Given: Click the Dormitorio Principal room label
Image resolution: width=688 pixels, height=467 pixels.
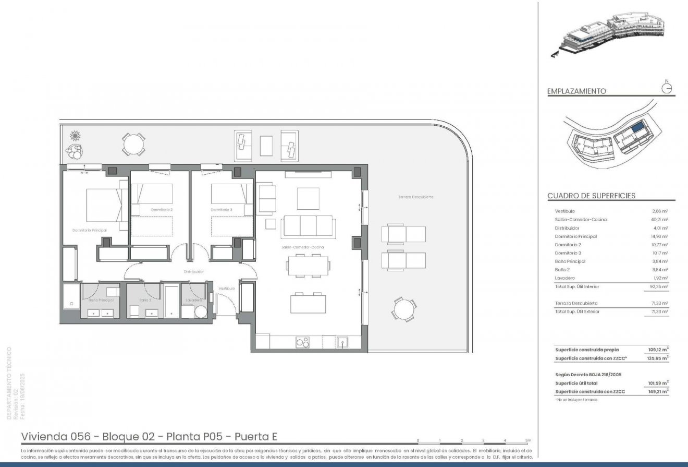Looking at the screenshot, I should pyautogui.click(x=90, y=230).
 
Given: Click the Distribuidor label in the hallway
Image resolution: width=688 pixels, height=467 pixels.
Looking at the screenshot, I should pyautogui.click(x=193, y=272).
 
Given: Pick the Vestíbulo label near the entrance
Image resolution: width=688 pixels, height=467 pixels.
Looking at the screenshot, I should pyautogui.click(x=226, y=289).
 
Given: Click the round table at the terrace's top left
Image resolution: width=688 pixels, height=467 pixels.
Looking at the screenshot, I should pyautogui.click(x=134, y=144).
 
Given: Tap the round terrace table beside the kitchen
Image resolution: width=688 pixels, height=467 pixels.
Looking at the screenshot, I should pyautogui.click(x=403, y=309).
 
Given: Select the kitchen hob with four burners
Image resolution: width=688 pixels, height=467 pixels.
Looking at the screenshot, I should pyautogui.click(x=302, y=342).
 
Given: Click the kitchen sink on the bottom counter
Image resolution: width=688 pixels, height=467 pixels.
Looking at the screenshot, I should pyautogui.click(x=342, y=342).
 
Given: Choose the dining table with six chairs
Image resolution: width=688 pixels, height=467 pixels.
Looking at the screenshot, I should pyautogui.click(x=308, y=265).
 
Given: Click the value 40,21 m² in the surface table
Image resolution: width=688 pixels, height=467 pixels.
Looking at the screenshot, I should pyautogui.click(x=660, y=220).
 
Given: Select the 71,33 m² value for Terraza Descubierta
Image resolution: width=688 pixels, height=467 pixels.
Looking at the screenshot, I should pyautogui.click(x=660, y=303).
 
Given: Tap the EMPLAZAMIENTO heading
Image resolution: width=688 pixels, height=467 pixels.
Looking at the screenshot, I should pyautogui.click(x=576, y=91).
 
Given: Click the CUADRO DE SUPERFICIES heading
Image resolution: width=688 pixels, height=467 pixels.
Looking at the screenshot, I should pyautogui.click(x=591, y=196).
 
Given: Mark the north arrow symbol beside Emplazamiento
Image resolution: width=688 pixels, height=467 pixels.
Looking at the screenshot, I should pyautogui.click(x=667, y=88).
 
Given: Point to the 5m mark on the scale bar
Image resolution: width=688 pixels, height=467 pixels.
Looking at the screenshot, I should pyautogui.click(x=528, y=441).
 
